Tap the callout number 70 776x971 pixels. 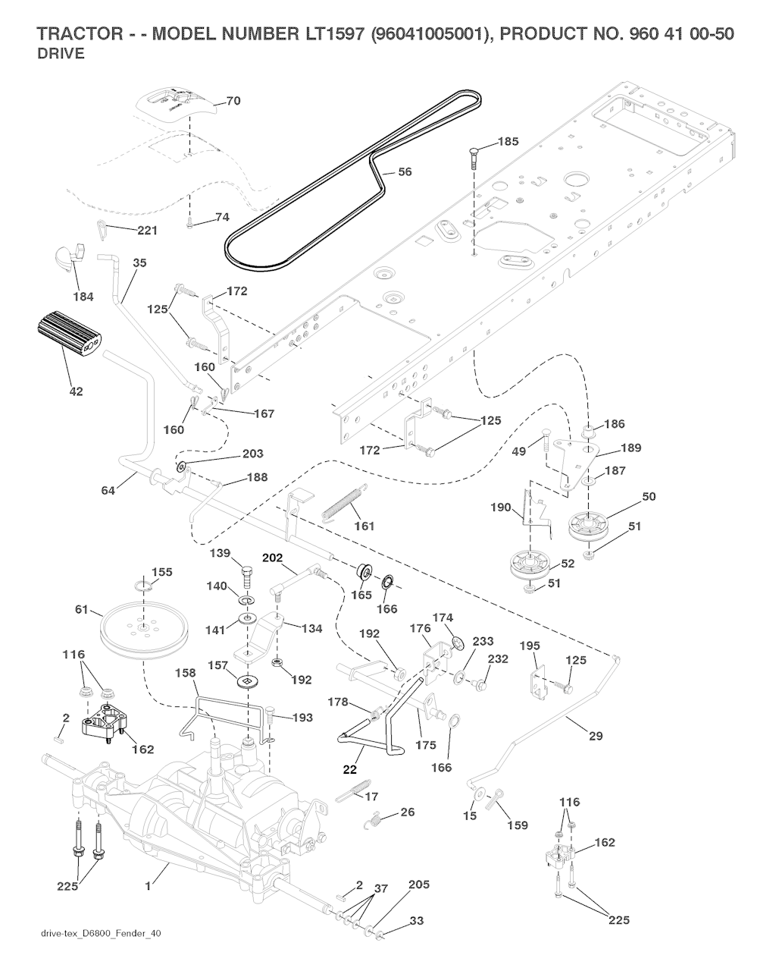pyautogui.click(x=233, y=101)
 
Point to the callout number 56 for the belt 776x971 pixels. pyautogui.click(x=405, y=172)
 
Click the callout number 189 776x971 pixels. pyautogui.click(x=630, y=448)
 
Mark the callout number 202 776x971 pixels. pyautogui.click(x=272, y=557)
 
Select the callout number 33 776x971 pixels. pyautogui.click(x=416, y=921)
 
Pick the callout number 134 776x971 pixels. pyautogui.click(x=311, y=628)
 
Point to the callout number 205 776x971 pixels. pyautogui.click(x=419, y=885)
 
